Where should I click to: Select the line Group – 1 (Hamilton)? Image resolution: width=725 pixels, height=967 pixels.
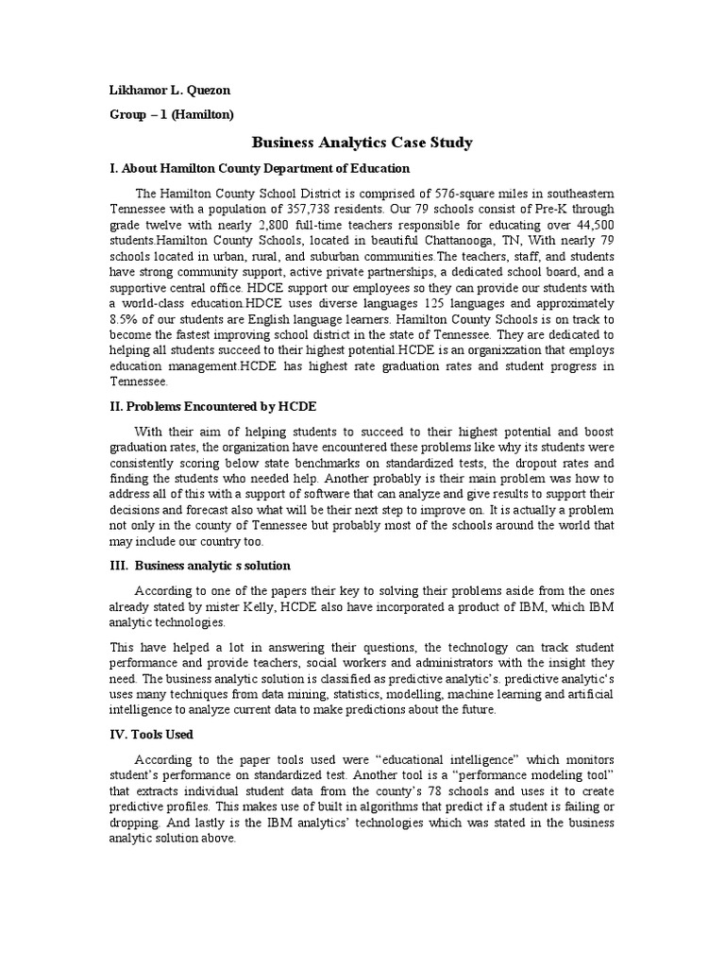[172, 114]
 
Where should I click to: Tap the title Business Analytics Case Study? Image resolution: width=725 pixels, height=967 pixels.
[362, 143]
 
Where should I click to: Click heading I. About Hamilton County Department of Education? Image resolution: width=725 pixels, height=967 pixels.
[260, 168]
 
